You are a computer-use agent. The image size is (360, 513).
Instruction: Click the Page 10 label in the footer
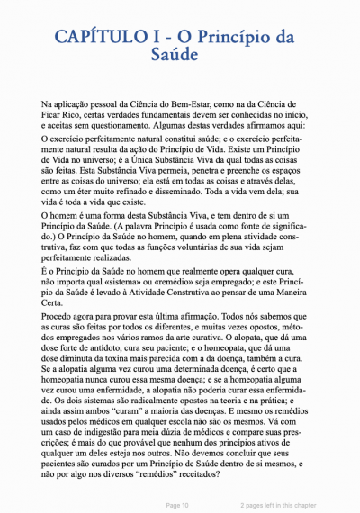pos(177,506)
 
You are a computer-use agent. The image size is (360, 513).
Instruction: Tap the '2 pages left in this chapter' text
pos(279,506)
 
